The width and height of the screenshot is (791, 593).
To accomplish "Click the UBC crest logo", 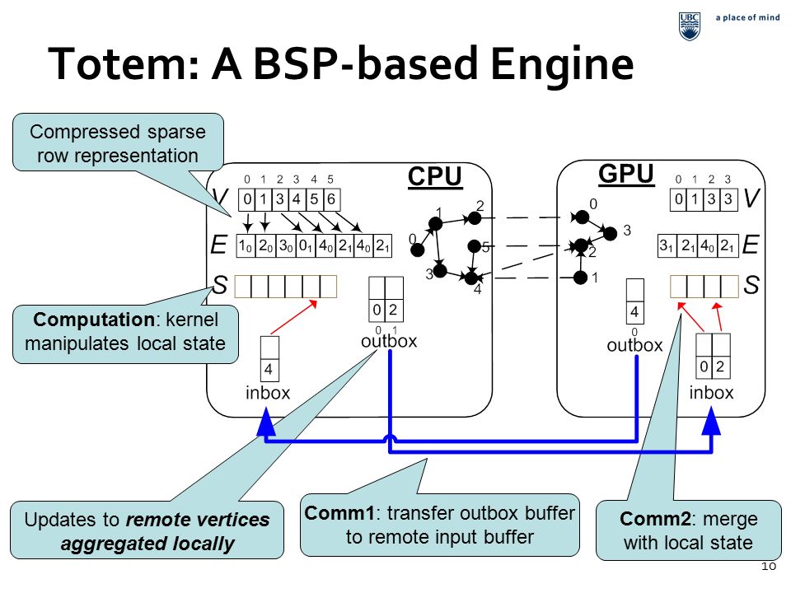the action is point(690,26).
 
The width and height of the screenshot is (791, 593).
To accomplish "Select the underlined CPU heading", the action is point(435,177).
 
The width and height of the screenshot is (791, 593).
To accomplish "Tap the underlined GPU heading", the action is point(626,174).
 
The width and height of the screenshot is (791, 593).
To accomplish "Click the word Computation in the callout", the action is point(94,320).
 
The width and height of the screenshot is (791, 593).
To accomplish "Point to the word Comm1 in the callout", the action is point(339,513).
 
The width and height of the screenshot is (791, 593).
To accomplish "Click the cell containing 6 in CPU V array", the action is point(331,199).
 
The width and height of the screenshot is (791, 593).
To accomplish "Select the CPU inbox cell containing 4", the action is point(269,370).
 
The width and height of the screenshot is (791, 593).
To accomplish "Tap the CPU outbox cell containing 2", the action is point(394,310).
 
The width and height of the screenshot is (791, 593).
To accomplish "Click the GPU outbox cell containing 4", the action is point(634,312).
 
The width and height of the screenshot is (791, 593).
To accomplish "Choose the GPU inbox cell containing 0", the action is point(704,367).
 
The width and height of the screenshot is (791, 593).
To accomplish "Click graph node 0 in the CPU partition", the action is point(417,250).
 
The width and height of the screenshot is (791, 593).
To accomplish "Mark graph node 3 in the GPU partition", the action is point(611,233).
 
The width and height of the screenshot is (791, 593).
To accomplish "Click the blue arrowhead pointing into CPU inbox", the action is point(266,422).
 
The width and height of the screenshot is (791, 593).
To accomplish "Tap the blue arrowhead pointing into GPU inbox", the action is point(711,421).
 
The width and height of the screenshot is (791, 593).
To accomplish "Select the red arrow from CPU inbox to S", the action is point(294,317).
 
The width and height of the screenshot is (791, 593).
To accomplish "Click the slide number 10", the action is point(768,567).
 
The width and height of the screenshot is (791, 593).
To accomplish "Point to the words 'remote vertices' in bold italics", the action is point(198,520).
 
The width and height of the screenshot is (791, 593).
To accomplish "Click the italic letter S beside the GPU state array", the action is point(751,286).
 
